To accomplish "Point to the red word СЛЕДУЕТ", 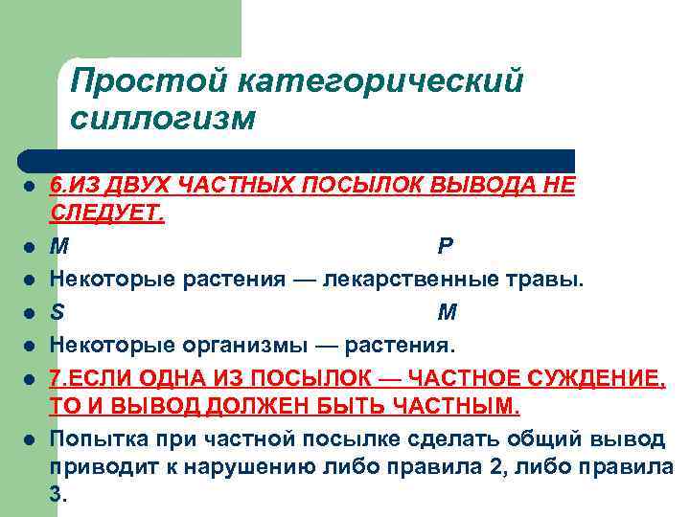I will (106, 211).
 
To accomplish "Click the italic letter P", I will (446, 246).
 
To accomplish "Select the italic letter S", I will (57, 312).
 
